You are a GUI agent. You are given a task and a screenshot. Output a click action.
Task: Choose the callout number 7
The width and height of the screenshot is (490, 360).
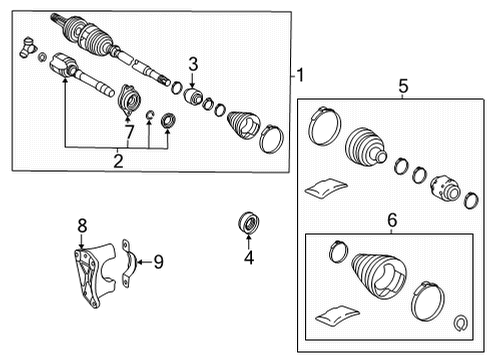click(128, 130)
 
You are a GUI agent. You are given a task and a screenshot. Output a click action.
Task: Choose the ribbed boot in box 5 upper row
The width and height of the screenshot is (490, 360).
click(363, 148)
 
